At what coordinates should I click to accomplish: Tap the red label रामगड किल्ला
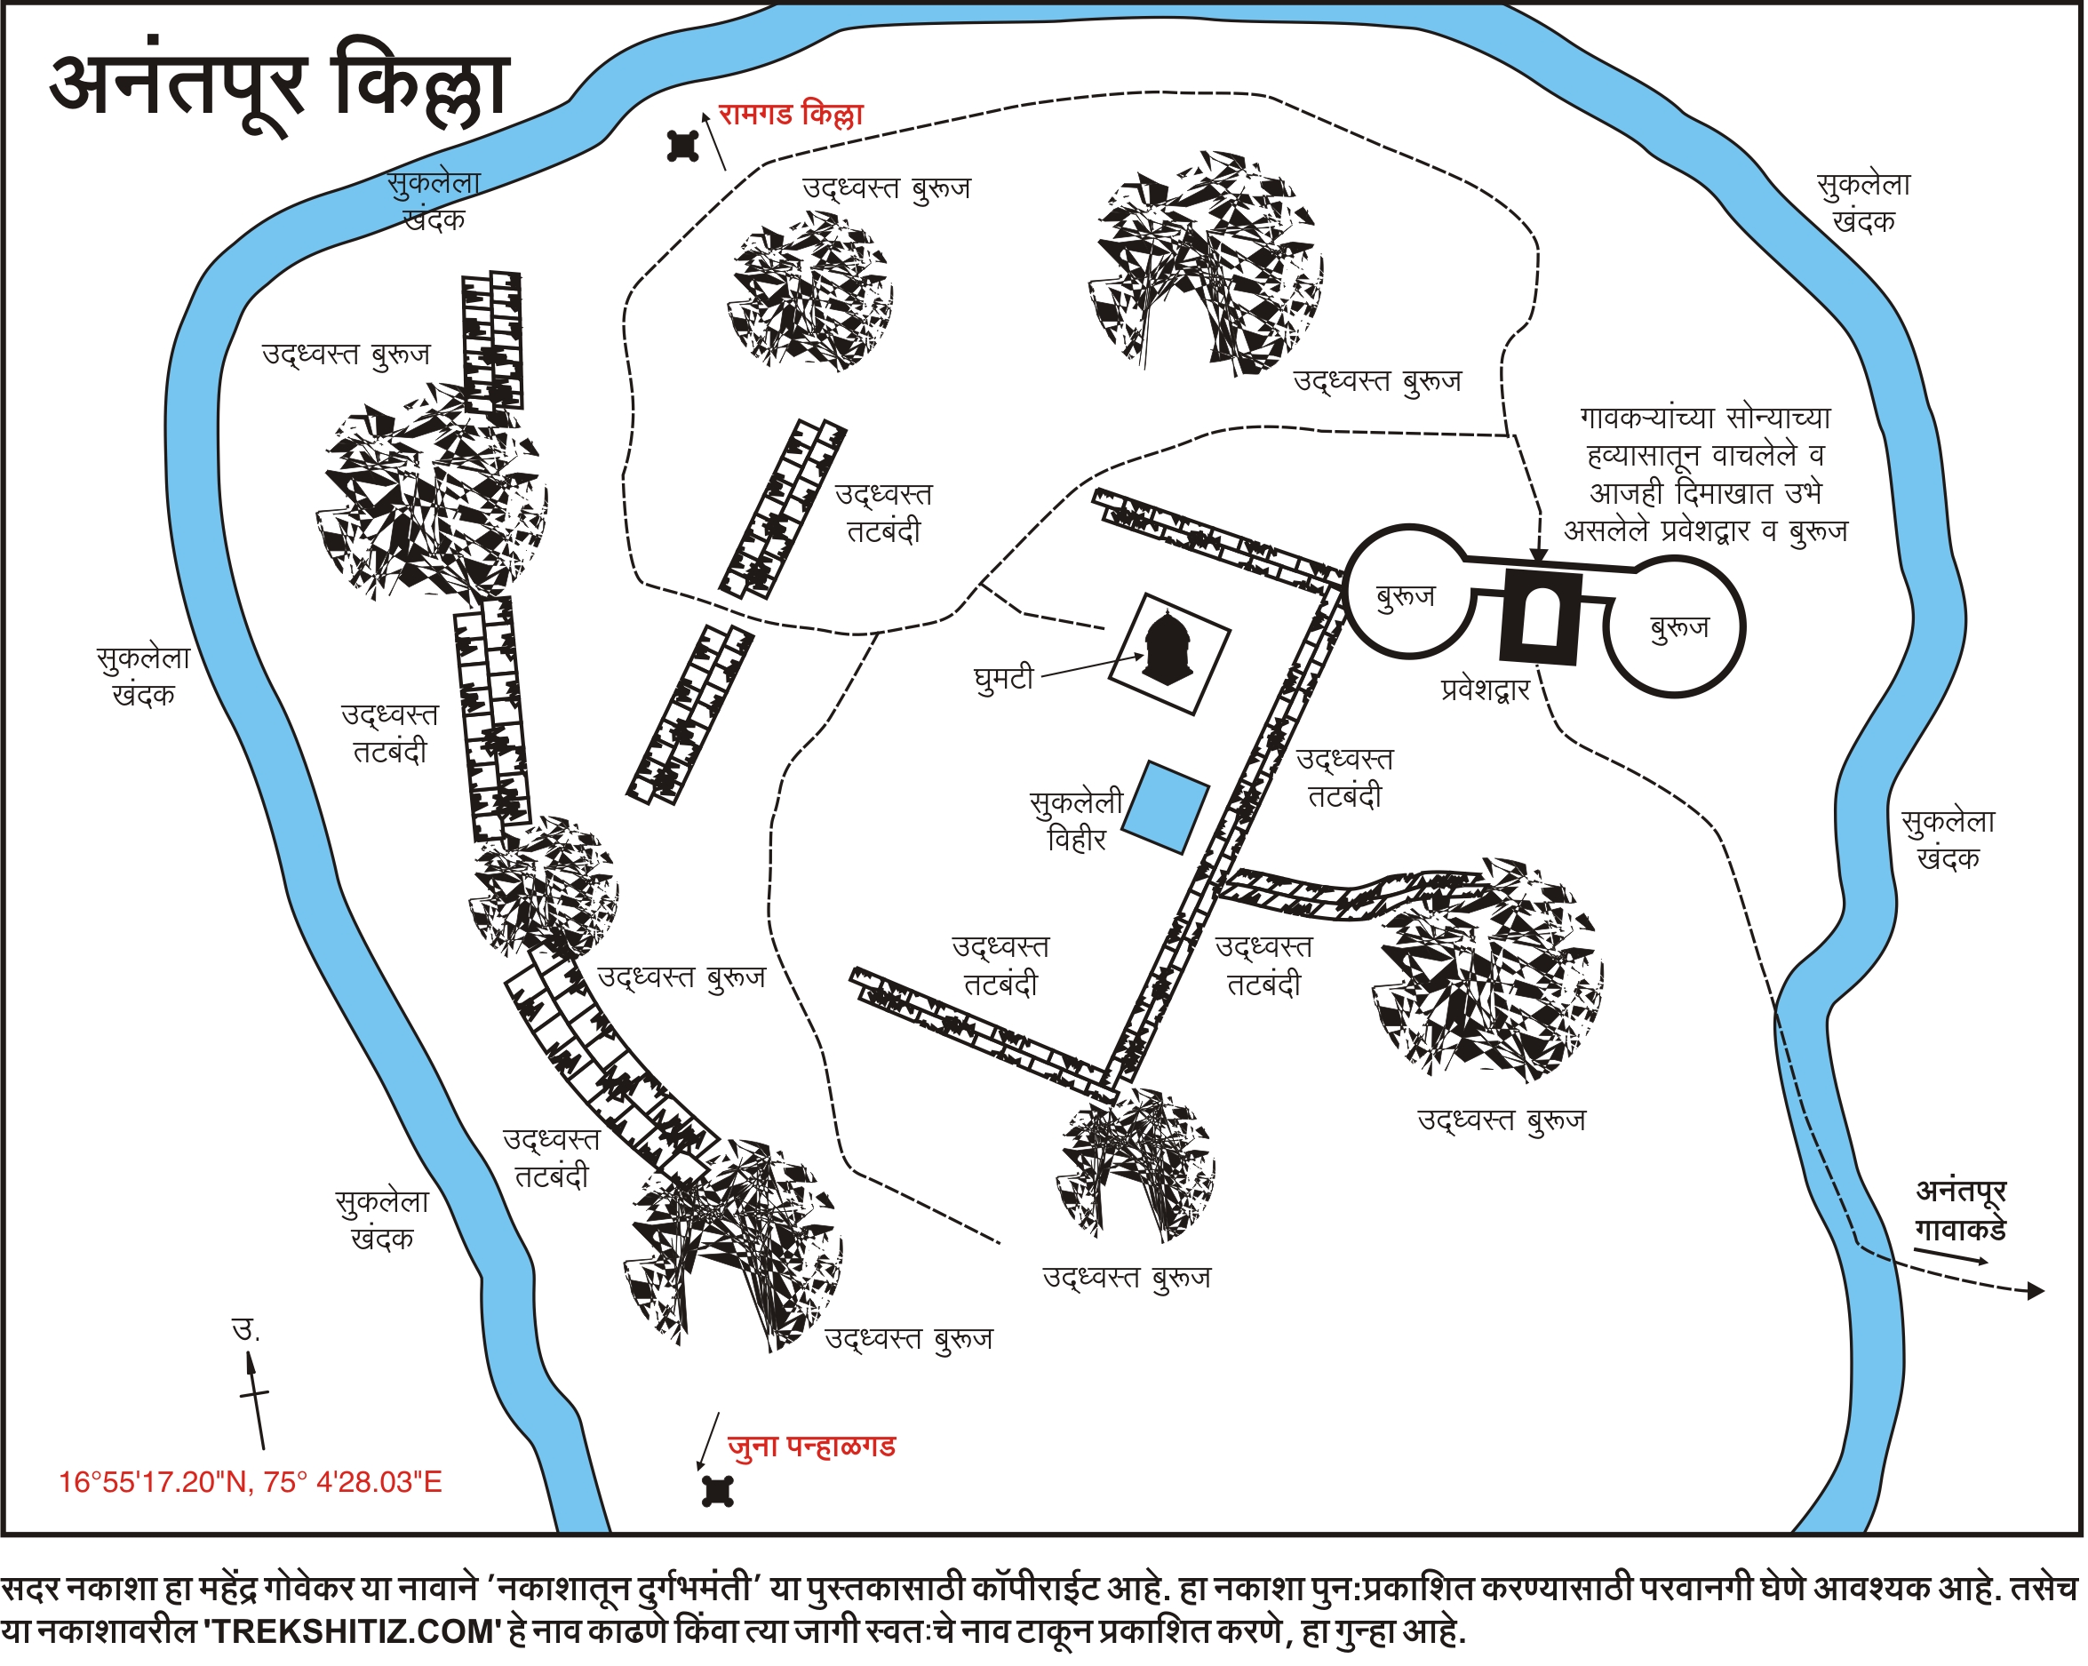(x=790, y=116)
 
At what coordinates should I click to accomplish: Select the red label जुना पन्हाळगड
(x=811, y=1447)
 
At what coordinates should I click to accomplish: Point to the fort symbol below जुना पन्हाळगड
(x=718, y=1493)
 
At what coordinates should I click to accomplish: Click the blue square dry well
(x=1166, y=808)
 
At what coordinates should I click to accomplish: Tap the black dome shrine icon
(x=1169, y=650)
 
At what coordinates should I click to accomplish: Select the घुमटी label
(x=1004, y=678)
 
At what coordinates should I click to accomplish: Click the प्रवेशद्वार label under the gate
(x=1485, y=690)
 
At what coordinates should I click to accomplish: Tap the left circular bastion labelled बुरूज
(x=1407, y=592)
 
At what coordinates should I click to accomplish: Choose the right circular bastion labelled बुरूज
(x=1677, y=627)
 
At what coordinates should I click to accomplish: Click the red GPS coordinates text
(x=250, y=1483)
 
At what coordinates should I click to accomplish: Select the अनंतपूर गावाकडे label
(x=1961, y=1211)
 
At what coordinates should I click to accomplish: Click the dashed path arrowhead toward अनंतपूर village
(x=2036, y=1291)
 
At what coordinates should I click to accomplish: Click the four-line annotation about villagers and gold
(x=1705, y=474)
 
